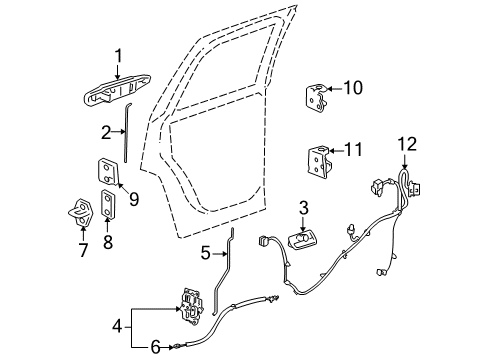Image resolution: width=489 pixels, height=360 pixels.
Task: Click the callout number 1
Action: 117,57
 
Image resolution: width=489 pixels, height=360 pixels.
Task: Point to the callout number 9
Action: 133,199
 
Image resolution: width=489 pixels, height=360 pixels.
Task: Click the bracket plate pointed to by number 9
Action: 108,171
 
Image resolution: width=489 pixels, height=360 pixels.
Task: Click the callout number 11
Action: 351,151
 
